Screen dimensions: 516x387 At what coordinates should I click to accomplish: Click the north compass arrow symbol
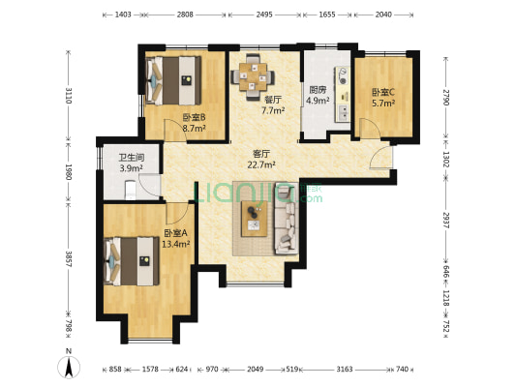69,367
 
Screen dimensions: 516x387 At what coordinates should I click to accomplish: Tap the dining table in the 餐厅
253,77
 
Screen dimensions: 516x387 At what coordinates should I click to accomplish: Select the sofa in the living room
287,218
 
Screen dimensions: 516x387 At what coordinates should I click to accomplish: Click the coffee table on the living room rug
254,219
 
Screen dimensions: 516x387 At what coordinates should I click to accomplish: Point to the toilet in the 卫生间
131,190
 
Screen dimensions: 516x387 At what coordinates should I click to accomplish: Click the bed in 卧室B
173,81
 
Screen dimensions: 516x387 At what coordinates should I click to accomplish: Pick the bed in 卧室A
132,261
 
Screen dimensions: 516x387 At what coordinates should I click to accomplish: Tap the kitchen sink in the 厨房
343,113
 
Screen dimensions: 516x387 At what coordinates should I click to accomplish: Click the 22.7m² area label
261,164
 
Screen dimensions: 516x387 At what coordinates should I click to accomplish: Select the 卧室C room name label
383,92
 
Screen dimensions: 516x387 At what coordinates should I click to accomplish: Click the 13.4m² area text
176,244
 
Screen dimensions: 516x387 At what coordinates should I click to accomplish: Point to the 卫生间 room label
132,158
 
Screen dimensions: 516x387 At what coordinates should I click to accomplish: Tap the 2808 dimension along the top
185,15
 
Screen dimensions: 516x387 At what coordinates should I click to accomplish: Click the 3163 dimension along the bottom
345,370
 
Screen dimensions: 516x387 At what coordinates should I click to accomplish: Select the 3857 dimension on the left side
69,259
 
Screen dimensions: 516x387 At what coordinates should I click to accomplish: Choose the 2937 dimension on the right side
445,221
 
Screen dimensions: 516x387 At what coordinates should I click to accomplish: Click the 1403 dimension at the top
123,15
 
